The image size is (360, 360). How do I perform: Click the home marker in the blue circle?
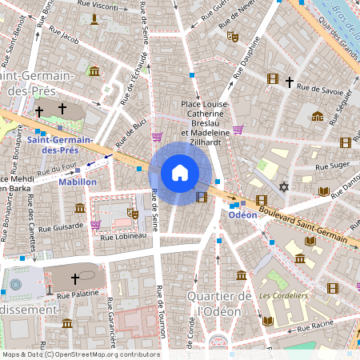180,173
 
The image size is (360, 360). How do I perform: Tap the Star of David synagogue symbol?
282,187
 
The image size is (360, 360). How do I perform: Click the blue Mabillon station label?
78,182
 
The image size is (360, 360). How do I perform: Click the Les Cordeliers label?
283,295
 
